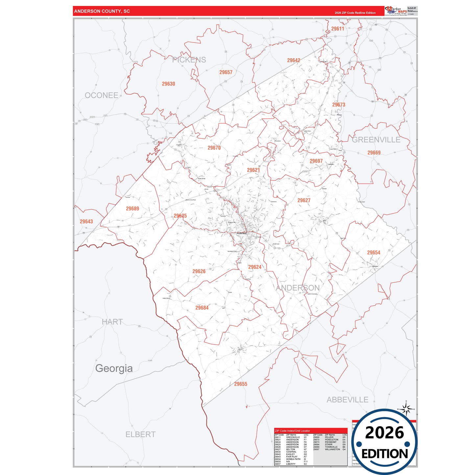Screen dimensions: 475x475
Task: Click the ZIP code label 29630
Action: [x=168, y=84]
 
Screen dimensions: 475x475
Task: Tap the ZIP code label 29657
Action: [x=226, y=72]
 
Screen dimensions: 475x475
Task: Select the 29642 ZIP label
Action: [x=294, y=60]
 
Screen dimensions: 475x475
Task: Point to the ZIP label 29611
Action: [x=338, y=29]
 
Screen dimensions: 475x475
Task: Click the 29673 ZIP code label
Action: [x=339, y=105]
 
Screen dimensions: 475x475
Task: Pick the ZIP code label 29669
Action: [x=374, y=153]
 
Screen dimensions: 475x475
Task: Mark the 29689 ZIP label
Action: [x=132, y=209]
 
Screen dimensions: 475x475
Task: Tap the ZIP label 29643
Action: [x=86, y=222]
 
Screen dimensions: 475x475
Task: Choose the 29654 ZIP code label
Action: [x=373, y=253]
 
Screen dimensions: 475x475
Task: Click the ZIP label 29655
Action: [x=241, y=384]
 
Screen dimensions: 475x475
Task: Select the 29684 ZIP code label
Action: [x=202, y=308]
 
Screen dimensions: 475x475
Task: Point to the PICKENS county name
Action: [x=189, y=60]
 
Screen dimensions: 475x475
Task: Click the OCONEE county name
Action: [x=102, y=95]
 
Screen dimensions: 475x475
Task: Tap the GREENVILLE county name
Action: [x=376, y=140]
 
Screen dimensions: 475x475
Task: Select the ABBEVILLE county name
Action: [x=347, y=400]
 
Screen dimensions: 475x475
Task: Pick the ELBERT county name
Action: [x=140, y=435]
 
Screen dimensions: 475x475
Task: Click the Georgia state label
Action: [x=114, y=368]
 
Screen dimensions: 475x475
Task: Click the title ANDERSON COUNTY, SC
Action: [x=102, y=11]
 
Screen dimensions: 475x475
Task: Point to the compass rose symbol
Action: [x=406, y=409]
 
